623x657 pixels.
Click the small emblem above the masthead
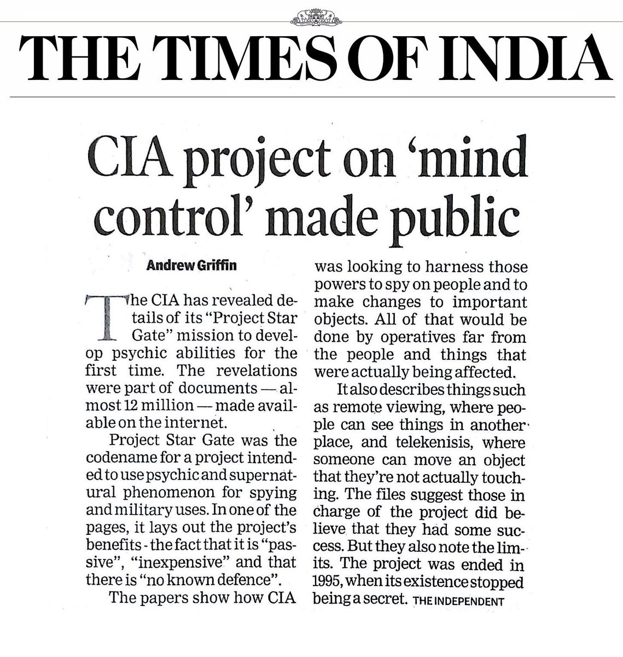[x=312, y=18]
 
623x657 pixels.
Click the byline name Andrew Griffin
[x=191, y=267]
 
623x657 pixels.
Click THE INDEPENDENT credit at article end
[x=458, y=601]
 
